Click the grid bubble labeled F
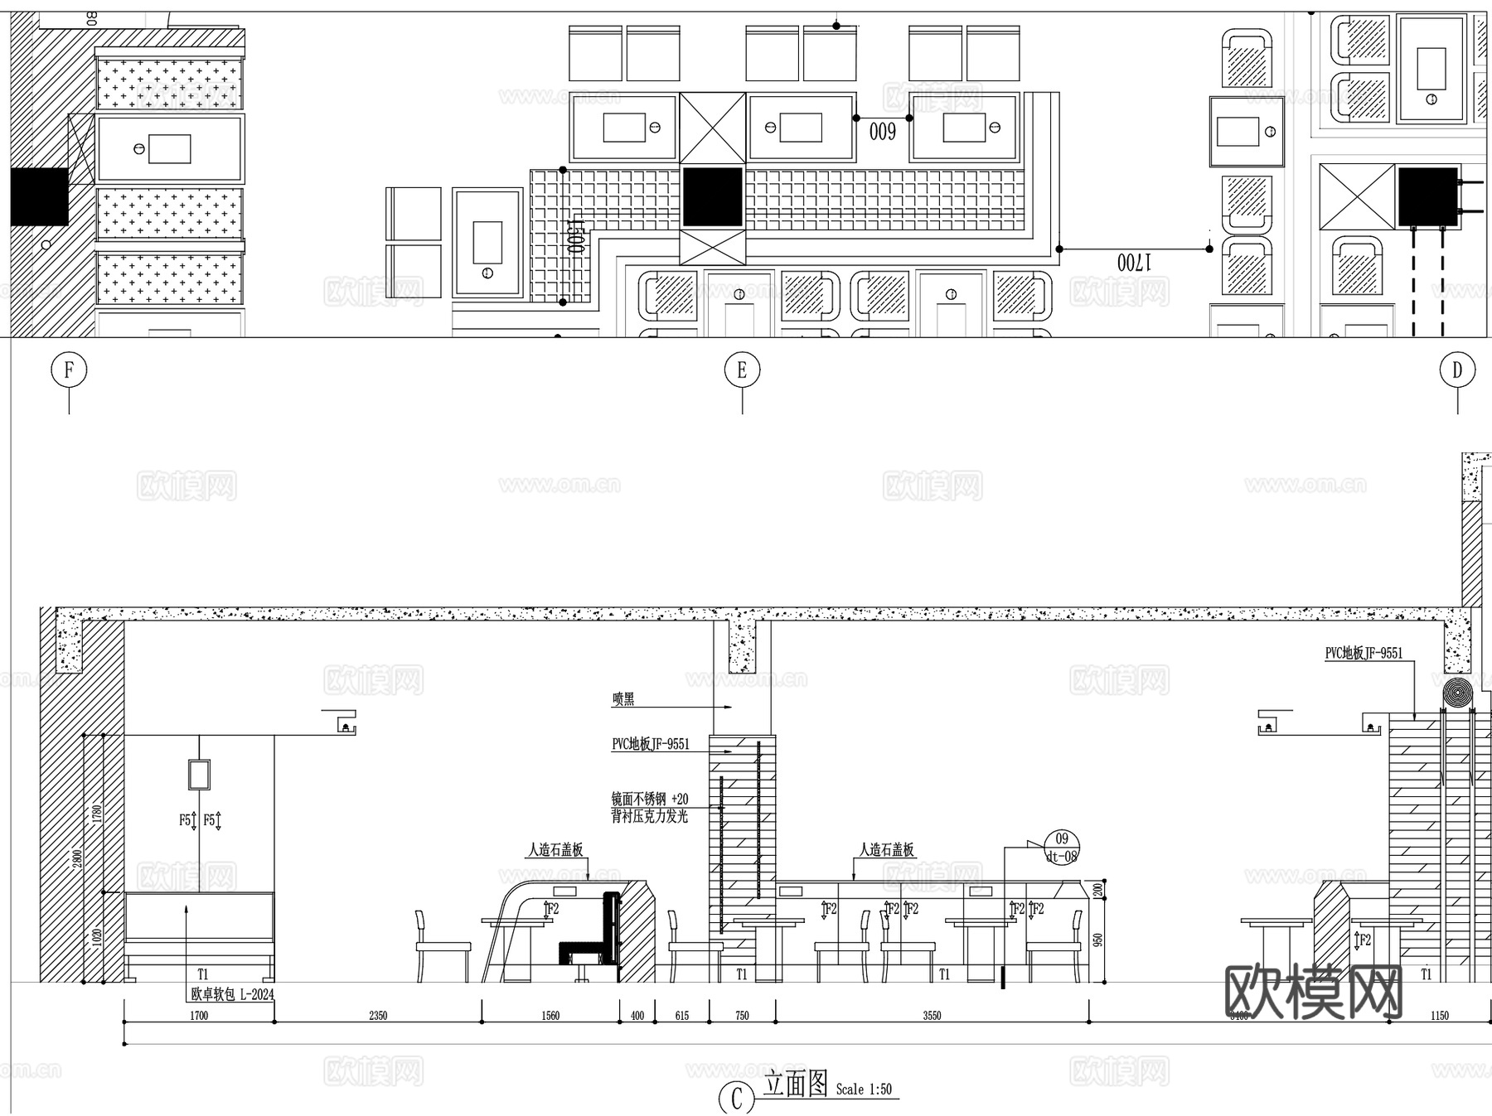pos(69,370)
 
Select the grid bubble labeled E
pos(742,370)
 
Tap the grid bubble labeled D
pos(1457,370)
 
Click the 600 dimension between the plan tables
pos(882,131)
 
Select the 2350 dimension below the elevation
pos(378,1016)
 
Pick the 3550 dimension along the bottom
pos(932,1016)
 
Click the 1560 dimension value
pos(550,1016)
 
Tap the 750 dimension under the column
pos(742,1016)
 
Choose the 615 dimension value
pos(681,1016)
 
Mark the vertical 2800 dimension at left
pos(77,858)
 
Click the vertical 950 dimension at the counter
pos(1098,940)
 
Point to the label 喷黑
pos(623,699)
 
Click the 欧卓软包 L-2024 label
pos(232,994)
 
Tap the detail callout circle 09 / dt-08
pos(1062,848)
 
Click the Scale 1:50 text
pos(864,1089)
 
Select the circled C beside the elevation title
pos(736,1099)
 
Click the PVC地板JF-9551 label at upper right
pos(1364,654)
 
